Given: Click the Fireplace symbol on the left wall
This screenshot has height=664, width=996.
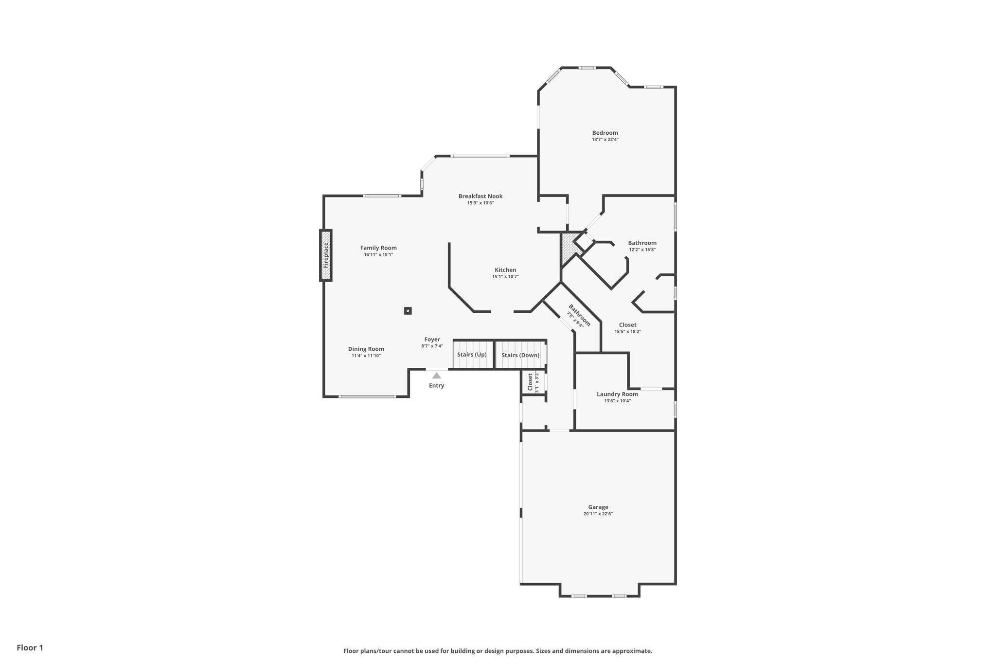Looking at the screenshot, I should click(326, 255).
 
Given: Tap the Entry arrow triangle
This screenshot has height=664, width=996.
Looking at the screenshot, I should click(436, 376).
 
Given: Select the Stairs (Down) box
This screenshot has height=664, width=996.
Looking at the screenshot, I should click(520, 355).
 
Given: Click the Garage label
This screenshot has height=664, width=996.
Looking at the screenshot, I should click(598, 507).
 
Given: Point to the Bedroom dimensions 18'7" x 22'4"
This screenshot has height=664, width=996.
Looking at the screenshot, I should click(605, 140).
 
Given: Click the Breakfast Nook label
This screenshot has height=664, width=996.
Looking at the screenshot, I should click(480, 196).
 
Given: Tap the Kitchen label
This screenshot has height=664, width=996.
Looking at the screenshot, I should click(505, 270).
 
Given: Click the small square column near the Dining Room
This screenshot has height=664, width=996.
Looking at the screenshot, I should click(408, 311).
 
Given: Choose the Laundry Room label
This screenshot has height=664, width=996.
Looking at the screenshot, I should click(617, 394).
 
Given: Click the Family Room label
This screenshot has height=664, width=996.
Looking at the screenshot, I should click(378, 248).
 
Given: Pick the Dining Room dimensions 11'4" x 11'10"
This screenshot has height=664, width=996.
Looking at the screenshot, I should click(366, 356).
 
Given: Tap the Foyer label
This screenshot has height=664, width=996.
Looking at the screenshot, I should click(432, 340).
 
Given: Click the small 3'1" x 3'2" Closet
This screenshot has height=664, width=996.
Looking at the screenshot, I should click(533, 382).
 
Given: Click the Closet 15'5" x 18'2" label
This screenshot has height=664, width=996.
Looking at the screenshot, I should click(627, 325).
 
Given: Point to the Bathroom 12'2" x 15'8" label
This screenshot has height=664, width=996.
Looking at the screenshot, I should click(642, 243).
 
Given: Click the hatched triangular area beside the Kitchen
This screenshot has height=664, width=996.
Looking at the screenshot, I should click(568, 247).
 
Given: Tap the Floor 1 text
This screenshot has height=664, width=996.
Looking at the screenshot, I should click(30, 647).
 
